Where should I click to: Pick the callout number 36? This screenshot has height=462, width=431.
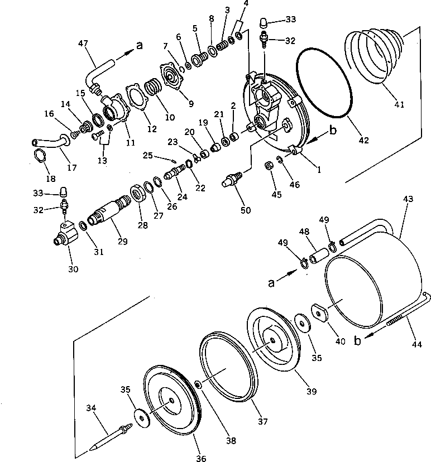click(201, 458)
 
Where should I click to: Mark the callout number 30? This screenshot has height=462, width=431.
click(73, 268)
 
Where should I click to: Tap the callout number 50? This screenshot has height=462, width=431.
click(246, 210)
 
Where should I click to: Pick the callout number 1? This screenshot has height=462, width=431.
click(319, 171)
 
